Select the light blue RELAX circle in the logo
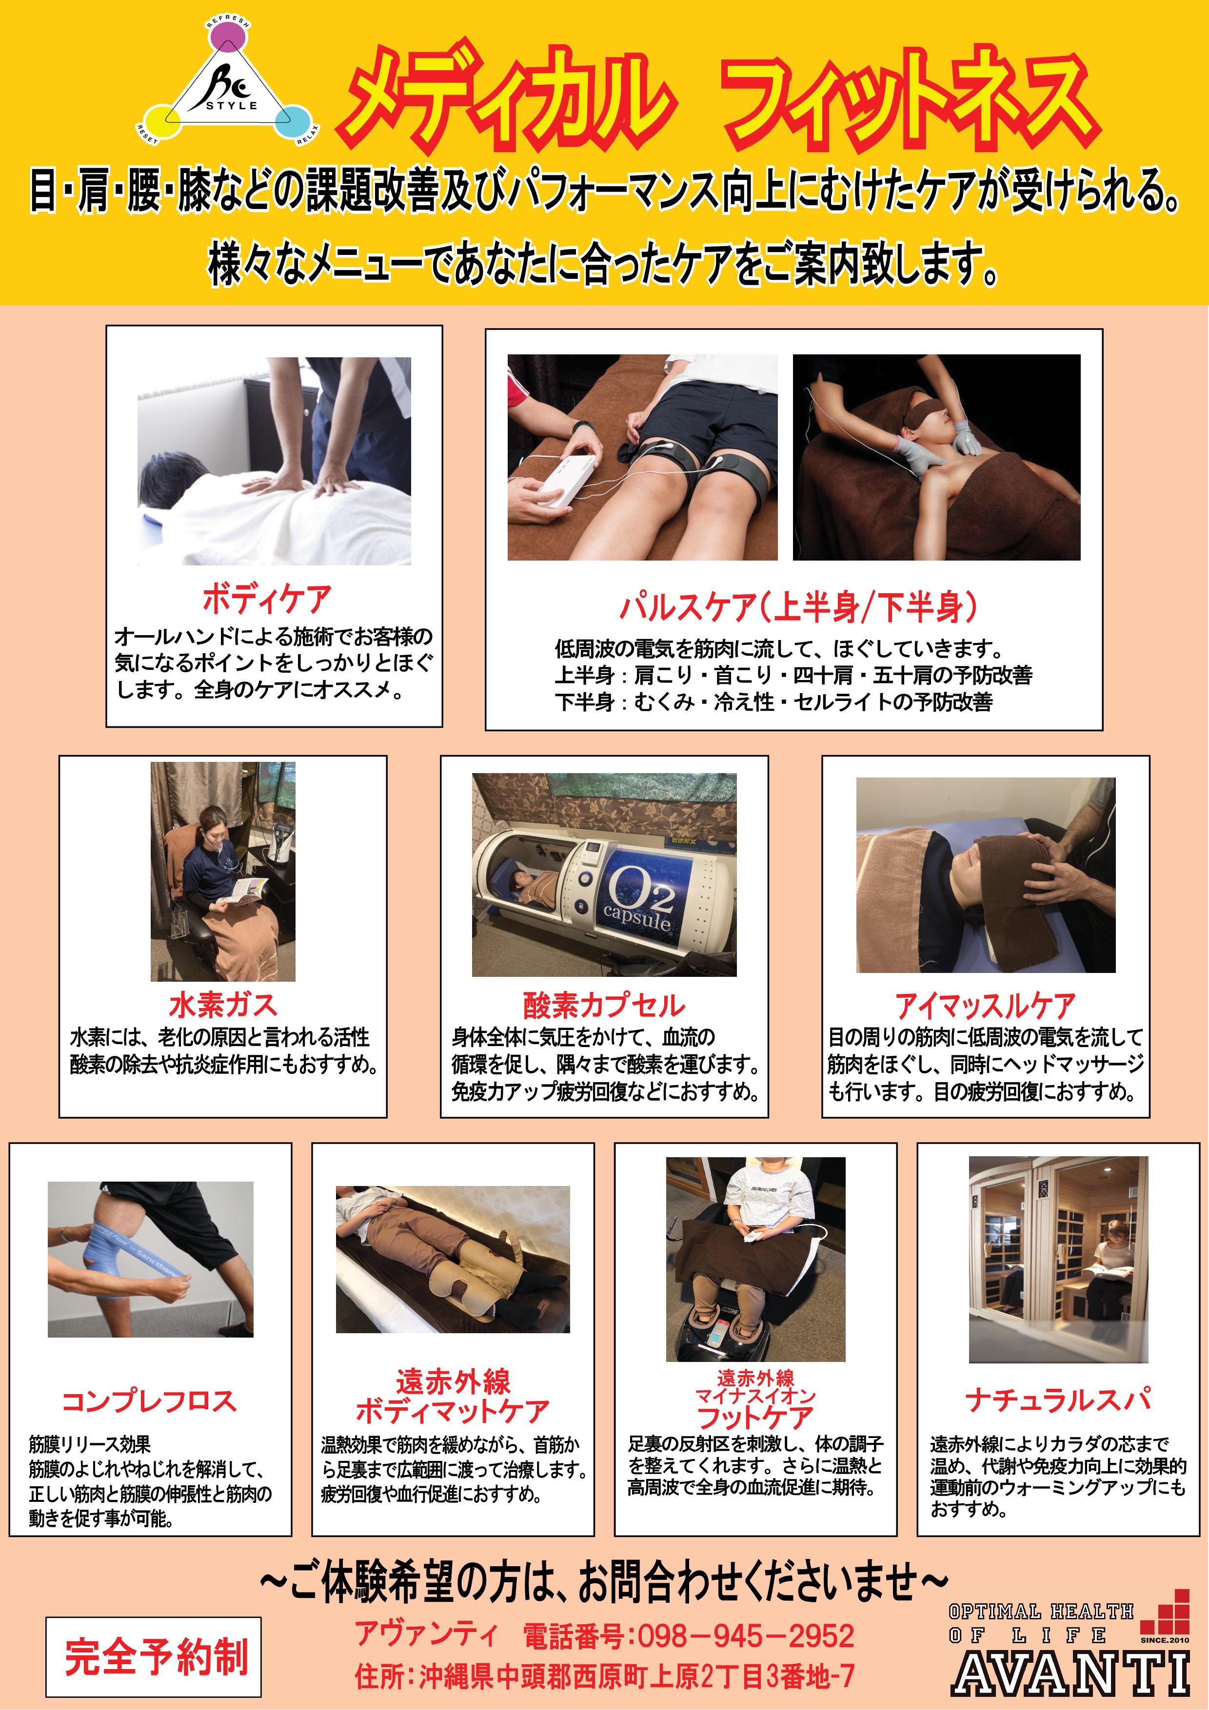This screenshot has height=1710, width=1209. (293, 121)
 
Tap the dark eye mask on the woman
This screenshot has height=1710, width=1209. (925, 412)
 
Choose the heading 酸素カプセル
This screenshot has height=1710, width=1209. (604, 1006)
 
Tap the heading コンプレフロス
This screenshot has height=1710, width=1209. (149, 1401)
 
